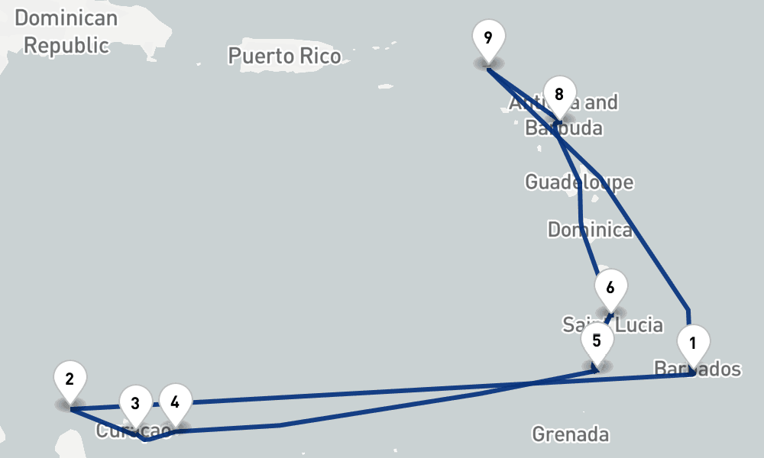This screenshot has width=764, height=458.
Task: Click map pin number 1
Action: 693,343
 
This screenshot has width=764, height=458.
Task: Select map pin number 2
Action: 70,379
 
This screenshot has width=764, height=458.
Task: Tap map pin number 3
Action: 135,403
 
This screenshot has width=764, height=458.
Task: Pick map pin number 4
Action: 176,402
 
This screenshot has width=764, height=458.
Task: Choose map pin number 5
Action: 597,340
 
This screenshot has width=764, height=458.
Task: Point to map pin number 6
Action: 610,289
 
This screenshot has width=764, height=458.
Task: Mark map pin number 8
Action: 559,95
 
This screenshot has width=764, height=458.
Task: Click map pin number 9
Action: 488,37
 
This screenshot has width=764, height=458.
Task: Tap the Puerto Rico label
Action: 284,55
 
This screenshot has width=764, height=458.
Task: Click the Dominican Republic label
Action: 66,31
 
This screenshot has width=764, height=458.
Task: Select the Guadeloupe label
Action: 579,182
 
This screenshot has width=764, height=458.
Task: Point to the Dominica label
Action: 590,229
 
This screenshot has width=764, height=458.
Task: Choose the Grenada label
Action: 571,434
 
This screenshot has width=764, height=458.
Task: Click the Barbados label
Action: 698,369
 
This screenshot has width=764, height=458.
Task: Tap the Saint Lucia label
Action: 613,324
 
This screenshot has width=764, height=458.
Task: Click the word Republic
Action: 66,44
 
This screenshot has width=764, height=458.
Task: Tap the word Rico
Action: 322,55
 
